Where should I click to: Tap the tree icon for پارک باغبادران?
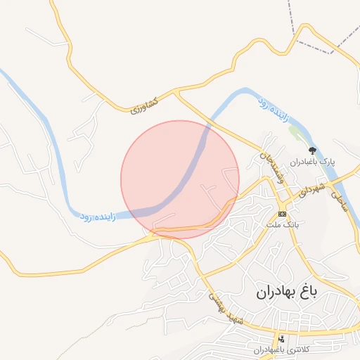click(313, 150)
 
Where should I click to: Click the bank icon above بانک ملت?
click(283, 214)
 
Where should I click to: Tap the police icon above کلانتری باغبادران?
click(282, 339)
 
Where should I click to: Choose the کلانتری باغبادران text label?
click(282, 349)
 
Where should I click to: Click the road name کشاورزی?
click(145, 105)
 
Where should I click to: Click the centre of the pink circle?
click(180, 179)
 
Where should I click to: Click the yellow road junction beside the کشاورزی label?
click(175, 91)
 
